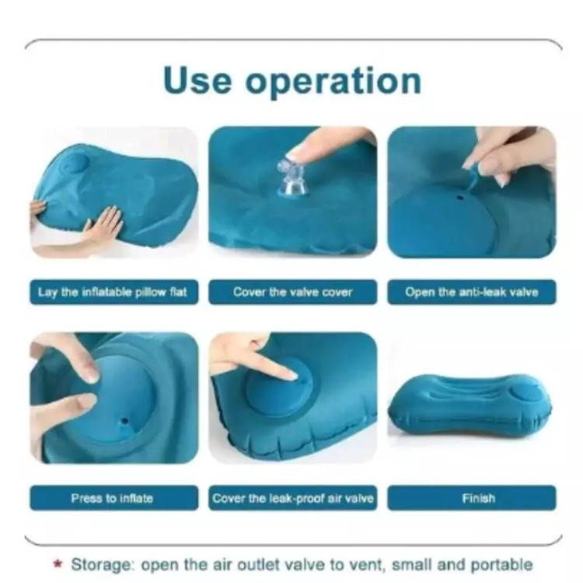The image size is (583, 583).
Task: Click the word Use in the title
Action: [x=197, y=80]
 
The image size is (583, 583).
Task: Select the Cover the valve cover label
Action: [x=292, y=291]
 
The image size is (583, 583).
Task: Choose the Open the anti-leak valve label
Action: [x=472, y=291]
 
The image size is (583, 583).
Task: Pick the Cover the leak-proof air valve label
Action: [x=292, y=497]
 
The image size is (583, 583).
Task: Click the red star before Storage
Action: [x=58, y=564]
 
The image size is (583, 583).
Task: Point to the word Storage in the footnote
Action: [x=102, y=565]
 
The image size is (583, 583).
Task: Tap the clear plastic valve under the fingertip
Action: [x=293, y=179]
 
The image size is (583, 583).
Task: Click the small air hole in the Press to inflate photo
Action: [x=124, y=421]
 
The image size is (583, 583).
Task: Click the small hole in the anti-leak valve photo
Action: [x=460, y=197]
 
